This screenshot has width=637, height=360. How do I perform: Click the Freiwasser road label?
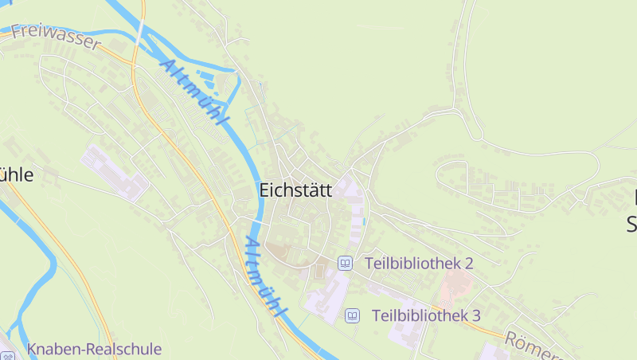[56, 37]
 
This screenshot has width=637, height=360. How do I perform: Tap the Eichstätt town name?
[295, 190]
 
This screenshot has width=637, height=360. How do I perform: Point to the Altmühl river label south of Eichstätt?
[264, 276]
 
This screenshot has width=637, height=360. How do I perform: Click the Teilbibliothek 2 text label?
[419, 263]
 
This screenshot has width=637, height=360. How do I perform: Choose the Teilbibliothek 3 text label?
[425, 315]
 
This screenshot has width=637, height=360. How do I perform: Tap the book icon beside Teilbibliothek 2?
[346, 263]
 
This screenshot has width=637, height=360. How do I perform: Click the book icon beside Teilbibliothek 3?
[352, 316]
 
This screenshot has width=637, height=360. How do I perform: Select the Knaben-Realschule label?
[94, 349]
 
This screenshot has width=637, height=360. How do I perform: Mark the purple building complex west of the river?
[115, 172]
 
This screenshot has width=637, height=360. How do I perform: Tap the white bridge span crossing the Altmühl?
[141, 32]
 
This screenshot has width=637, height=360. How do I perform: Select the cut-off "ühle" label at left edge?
[16, 174]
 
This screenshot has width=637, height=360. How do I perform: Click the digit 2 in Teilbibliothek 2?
[469, 263]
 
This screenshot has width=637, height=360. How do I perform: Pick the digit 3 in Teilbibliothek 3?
[475, 315]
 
